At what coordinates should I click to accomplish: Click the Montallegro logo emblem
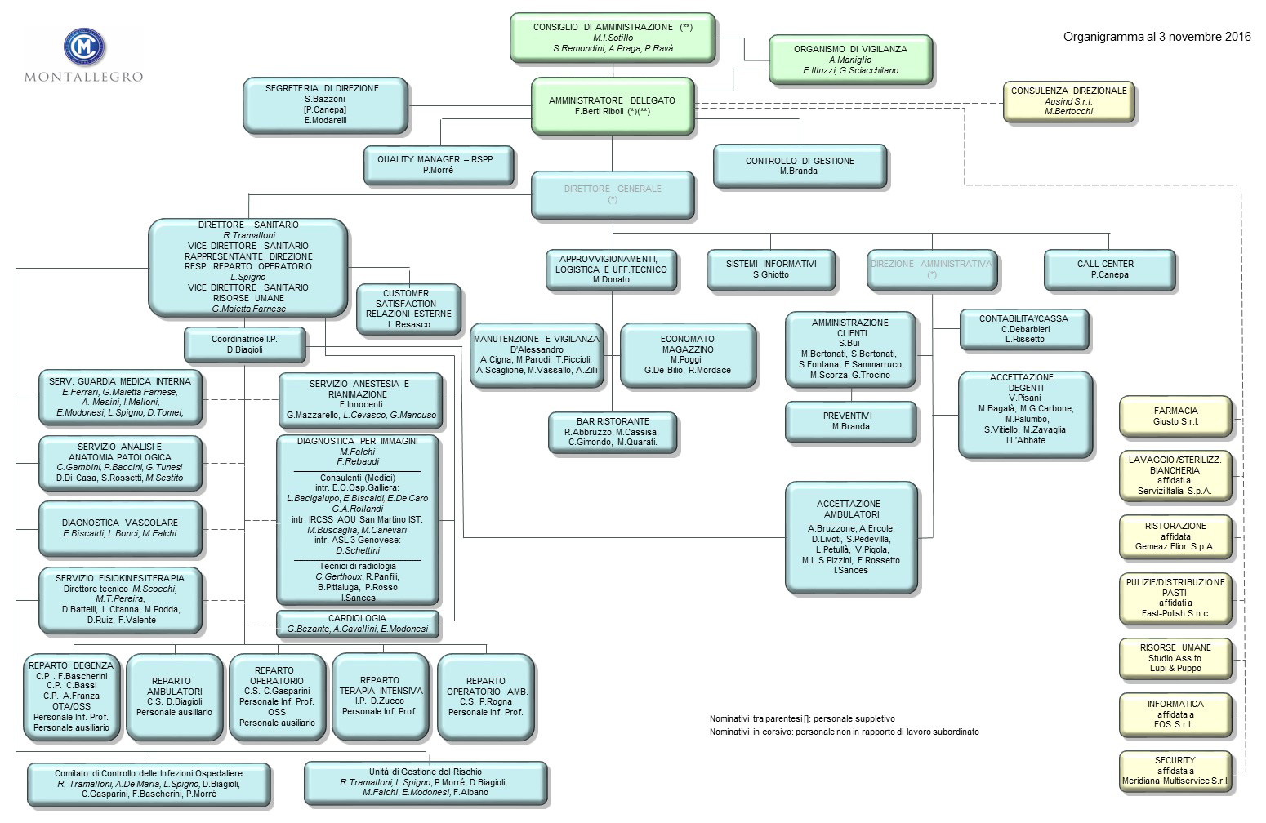[x=83, y=47]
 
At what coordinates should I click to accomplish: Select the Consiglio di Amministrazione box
[x=613, y=38]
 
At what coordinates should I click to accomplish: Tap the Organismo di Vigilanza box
[x=850, y=60]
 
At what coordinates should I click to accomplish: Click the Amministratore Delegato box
[x=612, y=105]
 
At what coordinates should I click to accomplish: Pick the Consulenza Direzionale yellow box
[x=1068, y=101]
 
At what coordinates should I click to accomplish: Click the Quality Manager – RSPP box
[x=439, y=165]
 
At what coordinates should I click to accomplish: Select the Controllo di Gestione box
[x=799, y=167]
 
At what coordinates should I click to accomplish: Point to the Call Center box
[x=1108, y=269]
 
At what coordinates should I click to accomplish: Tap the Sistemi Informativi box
[x=770, y=269]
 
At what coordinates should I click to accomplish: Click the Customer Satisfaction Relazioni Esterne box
[x=408, y=309]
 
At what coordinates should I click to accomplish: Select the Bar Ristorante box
[x=613, y=432]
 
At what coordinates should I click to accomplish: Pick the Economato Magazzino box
[x=687, y=354]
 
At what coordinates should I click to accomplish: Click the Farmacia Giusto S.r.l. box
[x=1175, y=416]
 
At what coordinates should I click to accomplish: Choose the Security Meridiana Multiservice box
[x=1175, y=771]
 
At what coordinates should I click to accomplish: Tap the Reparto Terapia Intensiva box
[x=380, y=696]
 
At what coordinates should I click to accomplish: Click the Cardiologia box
[x=357, y=624]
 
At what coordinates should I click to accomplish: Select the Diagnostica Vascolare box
[x=120, y=528]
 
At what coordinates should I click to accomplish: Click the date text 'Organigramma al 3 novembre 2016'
[x=1157, y=37]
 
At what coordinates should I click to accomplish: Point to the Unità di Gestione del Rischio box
[x=425, y=782]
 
